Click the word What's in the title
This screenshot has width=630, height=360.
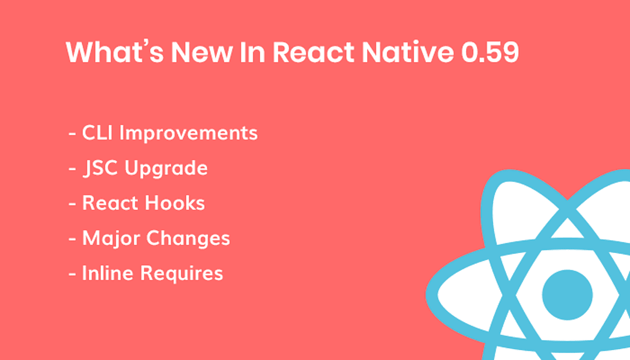pyautogui.click(x=115, y=52)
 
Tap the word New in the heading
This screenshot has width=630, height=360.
pyautogui.click(x=202, y=52)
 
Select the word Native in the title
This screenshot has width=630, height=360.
pyautogui.click(x=407, y=52)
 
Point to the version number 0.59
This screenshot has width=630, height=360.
pyautogui.click(x=490, y=52)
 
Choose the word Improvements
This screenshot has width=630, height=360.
pyautogui.click(x=188, y=133)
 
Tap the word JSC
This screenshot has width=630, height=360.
pyautogui.click(x=100, y=168)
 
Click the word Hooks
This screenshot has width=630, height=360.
pyautogui.click(x=175, y=203)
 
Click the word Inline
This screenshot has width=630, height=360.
pyautogui.click(x=107, y=273)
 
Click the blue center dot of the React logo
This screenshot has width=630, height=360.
pyautogui.click(x=567, y=295)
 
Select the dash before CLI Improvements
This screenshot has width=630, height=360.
pyautogui.click(x=72, y=134)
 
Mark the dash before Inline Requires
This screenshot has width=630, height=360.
pyautogui.click(x=72, y=275)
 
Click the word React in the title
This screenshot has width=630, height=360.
pyautogui.click(x=313, y=52)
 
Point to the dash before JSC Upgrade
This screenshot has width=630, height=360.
pyautogui.click(x=72, y=169)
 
